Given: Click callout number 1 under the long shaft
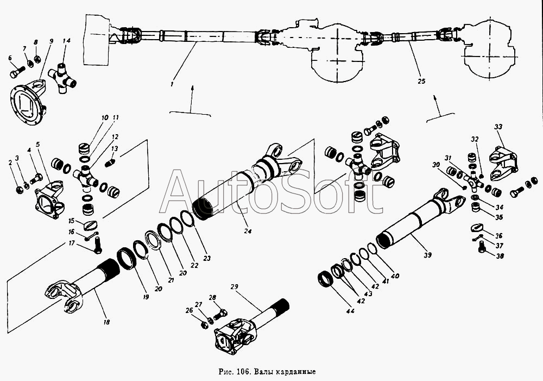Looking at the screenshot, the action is coord(172,84).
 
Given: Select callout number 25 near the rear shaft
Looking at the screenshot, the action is coord(421,82).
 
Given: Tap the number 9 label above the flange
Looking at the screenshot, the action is coord(51,41).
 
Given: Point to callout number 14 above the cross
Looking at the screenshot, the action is coord(66,41).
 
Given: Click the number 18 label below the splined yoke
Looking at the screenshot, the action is coord(106,322).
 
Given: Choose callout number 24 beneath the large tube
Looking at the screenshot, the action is coord(247,231).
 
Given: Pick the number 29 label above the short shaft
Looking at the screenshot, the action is coord(235,287).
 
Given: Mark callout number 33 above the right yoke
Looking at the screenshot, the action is coord(498,127).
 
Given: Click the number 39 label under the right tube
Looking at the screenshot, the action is coord(428,255).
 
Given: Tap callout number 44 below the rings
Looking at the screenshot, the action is coord(350,311).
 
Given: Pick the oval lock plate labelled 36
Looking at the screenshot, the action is coord(478,228).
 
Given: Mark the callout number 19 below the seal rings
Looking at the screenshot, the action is coord(146,297).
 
